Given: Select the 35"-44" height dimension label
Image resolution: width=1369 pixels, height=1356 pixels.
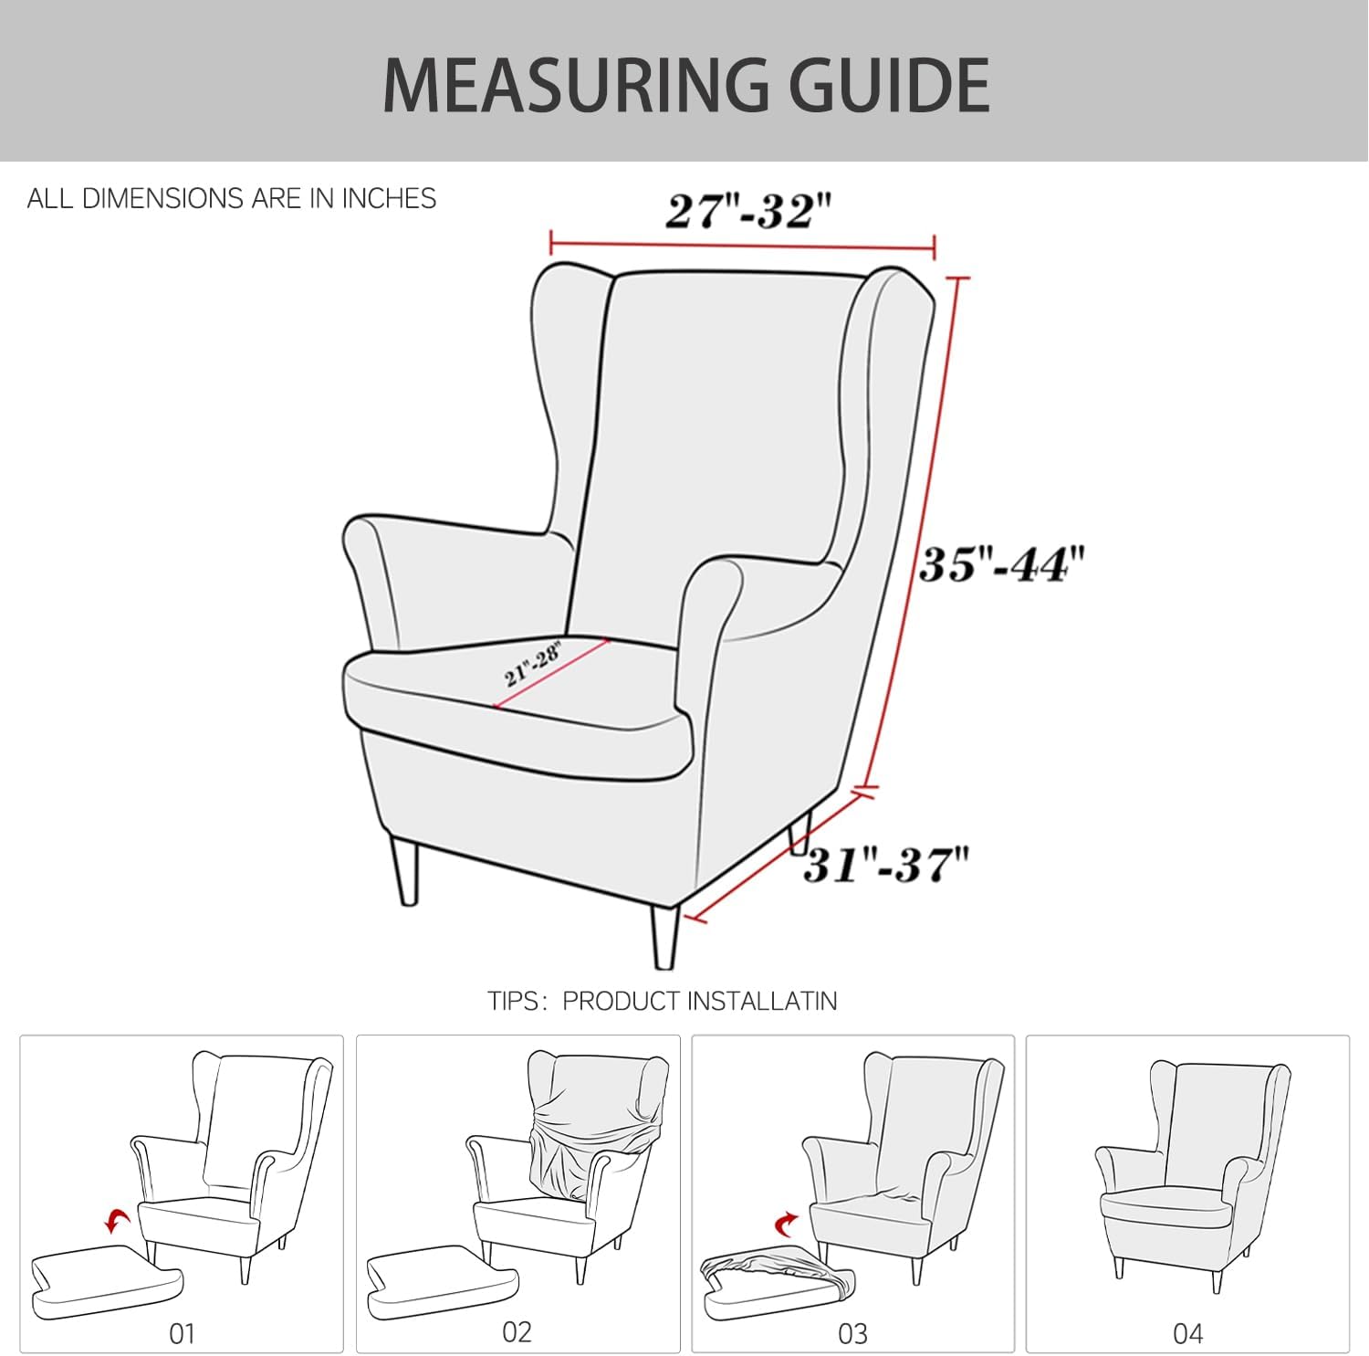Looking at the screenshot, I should (1002, 564).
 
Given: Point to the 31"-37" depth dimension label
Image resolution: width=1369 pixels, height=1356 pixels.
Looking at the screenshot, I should (885, 864).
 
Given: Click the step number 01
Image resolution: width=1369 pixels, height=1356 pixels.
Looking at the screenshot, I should (183, 1333).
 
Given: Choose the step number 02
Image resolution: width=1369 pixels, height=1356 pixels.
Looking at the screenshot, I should (517, 1331).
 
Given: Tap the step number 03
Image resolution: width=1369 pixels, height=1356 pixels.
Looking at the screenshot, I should (852, 1333).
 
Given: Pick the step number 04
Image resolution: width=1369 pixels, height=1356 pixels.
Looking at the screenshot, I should (1187, 1333).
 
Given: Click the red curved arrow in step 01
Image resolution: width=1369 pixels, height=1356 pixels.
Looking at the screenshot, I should (116, 1221).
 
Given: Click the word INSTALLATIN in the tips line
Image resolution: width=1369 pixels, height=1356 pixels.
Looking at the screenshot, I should (762, 1001).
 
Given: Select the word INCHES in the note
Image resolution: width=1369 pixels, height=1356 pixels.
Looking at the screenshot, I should (389, 198).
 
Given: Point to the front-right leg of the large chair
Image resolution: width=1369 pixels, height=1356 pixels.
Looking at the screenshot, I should (665, 936).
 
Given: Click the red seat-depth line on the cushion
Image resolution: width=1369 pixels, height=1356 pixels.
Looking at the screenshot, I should (553, 672).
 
